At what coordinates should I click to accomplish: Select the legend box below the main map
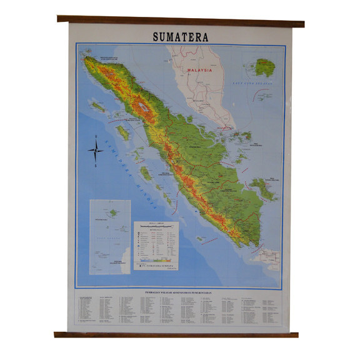pos(156,247)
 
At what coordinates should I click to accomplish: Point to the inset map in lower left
pos(109,236)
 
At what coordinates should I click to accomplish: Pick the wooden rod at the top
pos(180,21)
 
